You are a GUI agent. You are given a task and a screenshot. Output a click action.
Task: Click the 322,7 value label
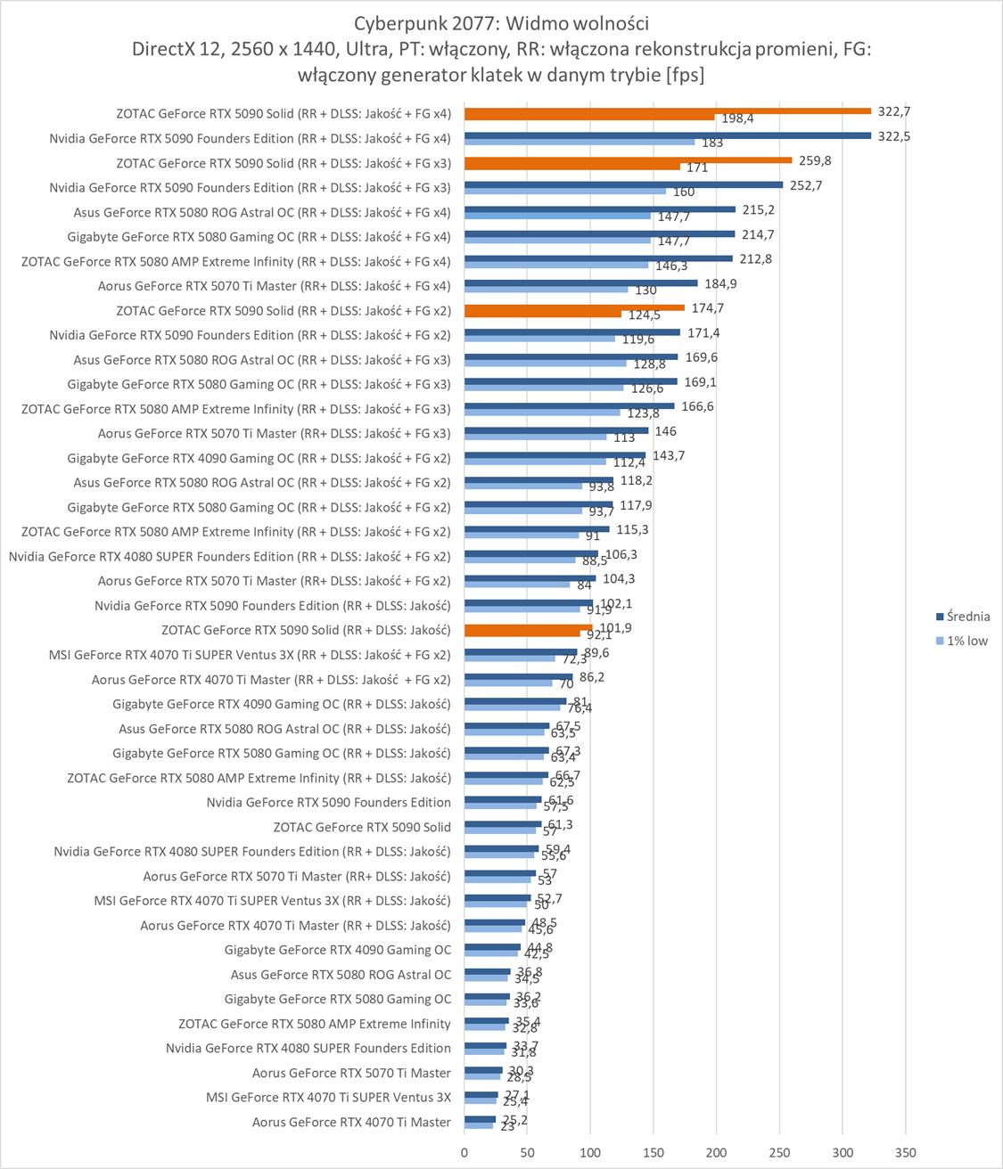point(894,111)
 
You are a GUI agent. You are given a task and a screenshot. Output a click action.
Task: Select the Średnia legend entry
point(967,617)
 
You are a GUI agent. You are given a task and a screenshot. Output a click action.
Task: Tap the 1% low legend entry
point(966,641)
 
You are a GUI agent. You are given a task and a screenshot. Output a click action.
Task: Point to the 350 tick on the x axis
point(905,1152)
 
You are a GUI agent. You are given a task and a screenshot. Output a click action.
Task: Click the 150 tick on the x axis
point(654,1152)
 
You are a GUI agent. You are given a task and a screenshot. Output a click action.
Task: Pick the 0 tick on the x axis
point(465,1152)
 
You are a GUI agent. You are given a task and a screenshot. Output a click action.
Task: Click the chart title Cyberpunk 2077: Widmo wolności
point(501,23)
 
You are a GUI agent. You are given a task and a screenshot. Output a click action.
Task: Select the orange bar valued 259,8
point(628,160)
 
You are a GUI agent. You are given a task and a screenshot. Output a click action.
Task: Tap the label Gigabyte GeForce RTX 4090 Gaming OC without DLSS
point(338,950)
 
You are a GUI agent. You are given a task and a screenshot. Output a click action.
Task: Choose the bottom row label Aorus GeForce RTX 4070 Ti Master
point(351,1122)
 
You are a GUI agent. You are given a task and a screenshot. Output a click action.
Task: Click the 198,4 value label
point(737,119)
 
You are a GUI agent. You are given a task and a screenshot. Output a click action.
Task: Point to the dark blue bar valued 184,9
point(580,283)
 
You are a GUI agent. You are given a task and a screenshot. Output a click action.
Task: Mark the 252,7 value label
point(806,185)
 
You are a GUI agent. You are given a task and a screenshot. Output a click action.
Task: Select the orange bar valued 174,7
point(574,307)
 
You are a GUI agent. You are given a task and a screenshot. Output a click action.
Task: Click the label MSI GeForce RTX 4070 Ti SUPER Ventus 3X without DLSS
point(328,1097)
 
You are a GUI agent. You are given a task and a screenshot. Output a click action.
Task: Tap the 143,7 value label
point(669,455)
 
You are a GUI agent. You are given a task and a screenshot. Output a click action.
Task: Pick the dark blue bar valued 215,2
point(600,209)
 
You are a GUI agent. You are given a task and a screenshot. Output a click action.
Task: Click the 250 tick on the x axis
point(779,1152)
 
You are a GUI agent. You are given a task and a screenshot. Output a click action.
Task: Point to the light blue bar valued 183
point(580,142)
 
